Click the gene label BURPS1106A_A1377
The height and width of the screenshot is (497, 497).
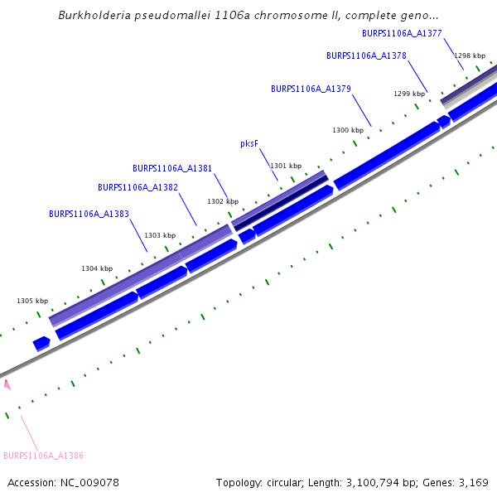click(x=402, y=34)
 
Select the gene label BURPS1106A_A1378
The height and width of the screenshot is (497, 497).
click(x=366, y=56)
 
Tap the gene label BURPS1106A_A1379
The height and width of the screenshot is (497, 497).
click(x=311, y=89)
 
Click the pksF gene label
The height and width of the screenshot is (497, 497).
click(x=249, y=144)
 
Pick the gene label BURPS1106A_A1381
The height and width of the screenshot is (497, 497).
click(x=172, y=169)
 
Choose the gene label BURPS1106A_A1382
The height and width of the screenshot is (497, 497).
click(x=138, y=188)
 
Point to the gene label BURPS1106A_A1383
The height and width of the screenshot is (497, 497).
click(x=89, y=214)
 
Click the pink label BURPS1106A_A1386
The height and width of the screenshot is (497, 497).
click(x=43, y=456)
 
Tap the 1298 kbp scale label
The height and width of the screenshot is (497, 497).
click(x=469, y=55)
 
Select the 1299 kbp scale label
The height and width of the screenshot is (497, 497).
click(x=408, y=94)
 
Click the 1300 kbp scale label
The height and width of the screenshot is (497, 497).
click(x=348, y=131)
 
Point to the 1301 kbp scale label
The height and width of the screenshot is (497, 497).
click(x=286, y=166)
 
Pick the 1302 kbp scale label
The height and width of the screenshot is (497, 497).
click(x=223, y=202)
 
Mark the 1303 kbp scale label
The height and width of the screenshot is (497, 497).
click(x=160, y=236)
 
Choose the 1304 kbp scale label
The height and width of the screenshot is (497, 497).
click(x=97, y=269)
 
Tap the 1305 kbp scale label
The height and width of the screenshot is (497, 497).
click(x=32, y=302)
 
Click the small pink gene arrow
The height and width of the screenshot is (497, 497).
click(x=7, y=384)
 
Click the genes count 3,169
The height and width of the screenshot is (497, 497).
click(x=472, y=483)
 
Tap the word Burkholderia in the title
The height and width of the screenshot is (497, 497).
click(x=93, y=16)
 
